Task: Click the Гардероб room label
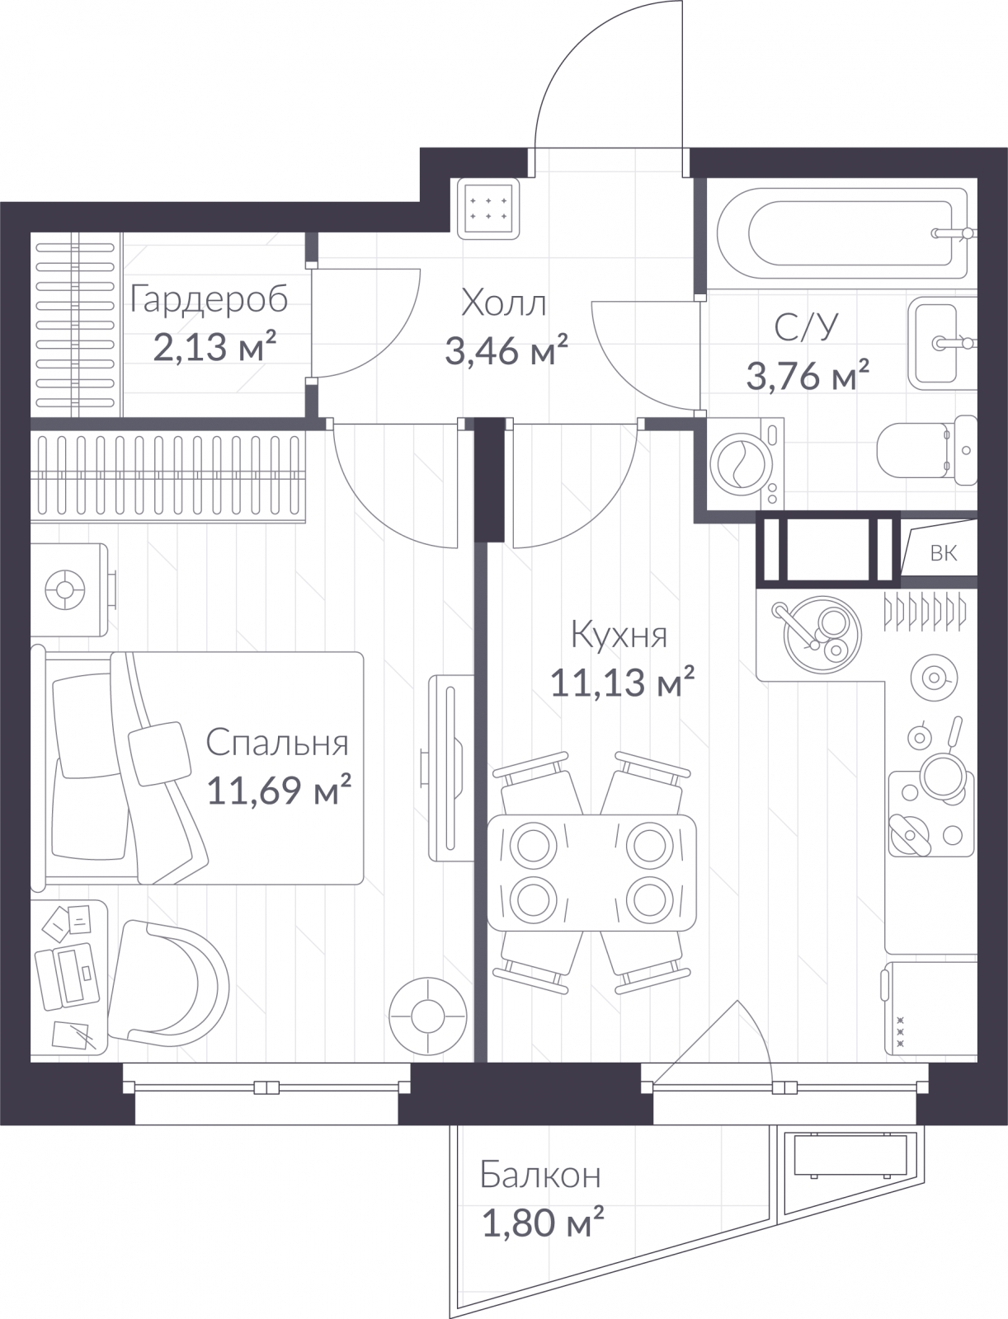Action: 209,300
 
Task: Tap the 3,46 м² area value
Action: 506,350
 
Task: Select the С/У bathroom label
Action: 805,327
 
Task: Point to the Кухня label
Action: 619,634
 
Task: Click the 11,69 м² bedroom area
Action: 279,789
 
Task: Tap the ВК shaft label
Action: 943,553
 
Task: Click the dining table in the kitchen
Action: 591,872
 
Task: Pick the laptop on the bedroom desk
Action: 67,977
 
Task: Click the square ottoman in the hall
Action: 488,208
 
